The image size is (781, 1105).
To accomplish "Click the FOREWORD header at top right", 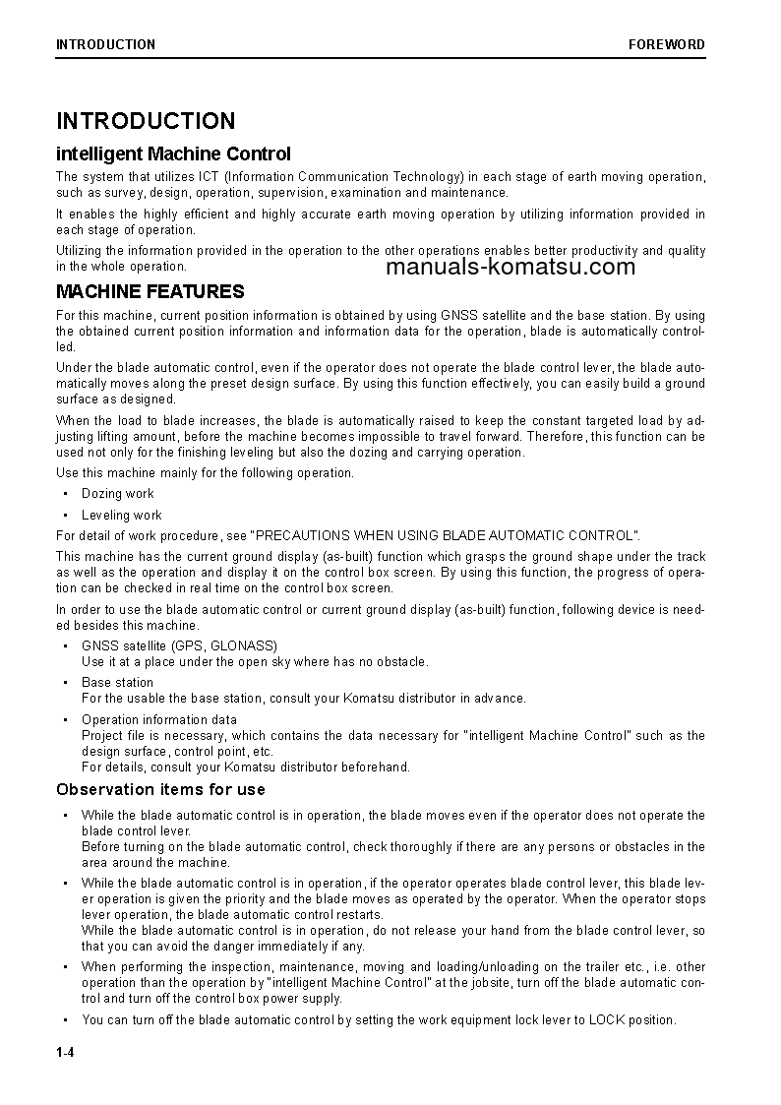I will point(667,44).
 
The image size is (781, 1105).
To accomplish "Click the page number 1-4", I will point(66,1053).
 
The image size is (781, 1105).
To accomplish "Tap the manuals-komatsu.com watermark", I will point(511,267).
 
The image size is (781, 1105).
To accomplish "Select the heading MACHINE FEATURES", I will point(150,292).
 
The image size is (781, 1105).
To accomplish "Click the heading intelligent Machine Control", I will point(173,153).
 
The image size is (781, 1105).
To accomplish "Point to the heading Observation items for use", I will point(160,789).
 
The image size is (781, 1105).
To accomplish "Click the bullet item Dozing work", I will point(117,494).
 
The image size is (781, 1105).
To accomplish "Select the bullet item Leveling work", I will point(121,515).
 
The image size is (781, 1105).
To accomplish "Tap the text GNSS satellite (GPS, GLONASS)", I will point(179,645).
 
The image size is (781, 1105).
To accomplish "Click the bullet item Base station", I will point(117,682).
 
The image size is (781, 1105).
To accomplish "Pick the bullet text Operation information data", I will point(158,719).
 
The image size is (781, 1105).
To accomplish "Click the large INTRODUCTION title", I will point(146,121).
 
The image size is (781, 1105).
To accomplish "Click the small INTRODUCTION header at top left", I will point(105,44).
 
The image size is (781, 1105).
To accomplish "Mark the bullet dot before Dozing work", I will point(65,494).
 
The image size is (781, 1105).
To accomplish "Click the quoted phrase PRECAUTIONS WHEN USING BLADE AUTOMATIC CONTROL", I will point(445,535).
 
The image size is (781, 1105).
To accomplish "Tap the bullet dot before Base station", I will point(65,682).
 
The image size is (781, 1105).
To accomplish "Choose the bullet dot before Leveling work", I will point(65,515).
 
